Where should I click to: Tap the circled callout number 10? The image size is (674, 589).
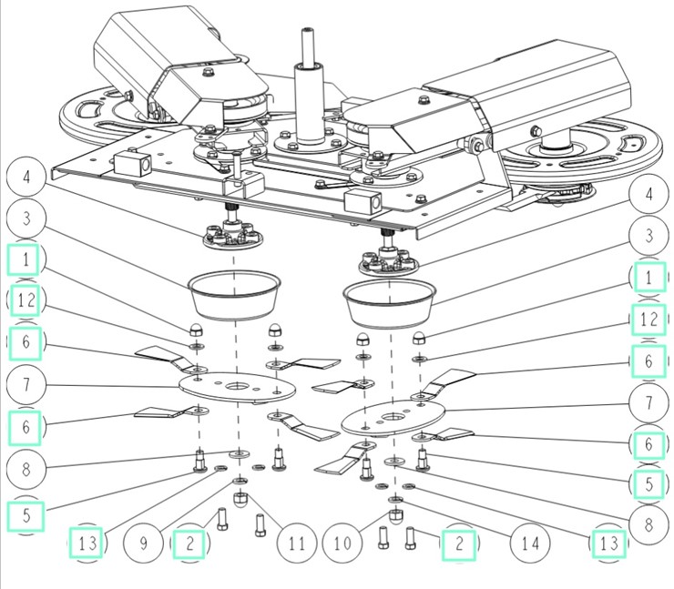click(x=342, y=544)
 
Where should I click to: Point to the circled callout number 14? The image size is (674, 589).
click(x=529, y=544)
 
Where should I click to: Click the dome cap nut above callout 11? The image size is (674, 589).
click(x=240, y=500)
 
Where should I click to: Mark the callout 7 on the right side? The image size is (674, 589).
click(x=648, y=402)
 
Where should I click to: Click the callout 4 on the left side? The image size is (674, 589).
click(x=26, y=176)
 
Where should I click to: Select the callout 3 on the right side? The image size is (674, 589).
click(x=648, y=236)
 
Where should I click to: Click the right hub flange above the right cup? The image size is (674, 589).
click(x=385, y=262)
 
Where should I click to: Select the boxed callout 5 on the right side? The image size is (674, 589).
click(x=648, y=482)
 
